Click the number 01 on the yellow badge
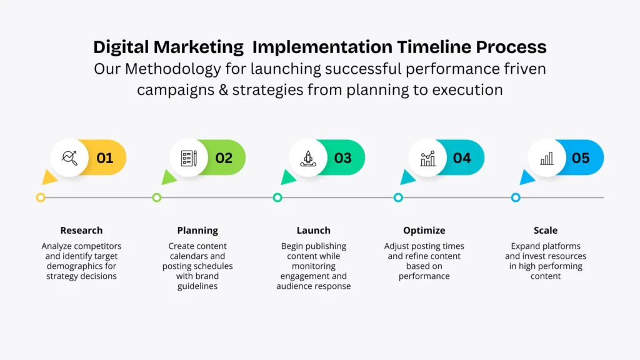click(105, 158)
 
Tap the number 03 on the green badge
click(343, 158)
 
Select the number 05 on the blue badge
click(581, 158)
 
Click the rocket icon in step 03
click(308, 158)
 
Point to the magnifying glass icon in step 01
click(69, 157)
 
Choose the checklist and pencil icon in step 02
click(189, 158)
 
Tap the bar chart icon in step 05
click(546, 158)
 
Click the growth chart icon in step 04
click(427, 158)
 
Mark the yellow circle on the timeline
click(41, 197)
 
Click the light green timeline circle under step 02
click(157, 197)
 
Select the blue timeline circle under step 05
click(516, 197)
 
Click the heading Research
click(81, 230)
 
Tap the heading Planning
click(197, 231)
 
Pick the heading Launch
click(314, 230)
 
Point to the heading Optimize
click(424, 231)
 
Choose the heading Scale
click(545, 230)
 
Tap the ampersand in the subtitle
click(223, 90)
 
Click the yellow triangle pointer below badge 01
click(49, 177)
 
